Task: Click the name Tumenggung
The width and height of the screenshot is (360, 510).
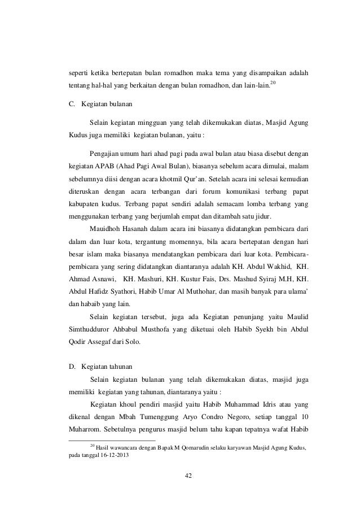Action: [x=152, y=419]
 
